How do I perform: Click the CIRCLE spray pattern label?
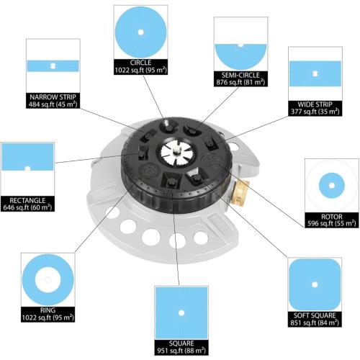pos(140,63)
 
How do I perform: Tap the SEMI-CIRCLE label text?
pos(240,75)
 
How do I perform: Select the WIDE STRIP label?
pos(315,104)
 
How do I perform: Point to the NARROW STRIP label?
pos(53,97)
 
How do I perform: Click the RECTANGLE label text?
pos(27,200)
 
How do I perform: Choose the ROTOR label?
pos(332,217)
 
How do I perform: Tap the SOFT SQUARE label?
pos(315,315)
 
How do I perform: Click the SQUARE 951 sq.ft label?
pos(181,347)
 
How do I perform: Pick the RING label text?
pos(48,310)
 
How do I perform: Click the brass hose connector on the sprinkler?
pos(240,192)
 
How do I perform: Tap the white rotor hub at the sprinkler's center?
pos(174,152)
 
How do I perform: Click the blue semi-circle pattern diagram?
pos(240,56)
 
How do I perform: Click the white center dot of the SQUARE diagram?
pos(181,312)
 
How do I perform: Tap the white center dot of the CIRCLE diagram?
pos(140,32)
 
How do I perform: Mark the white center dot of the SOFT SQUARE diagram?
pos(315,284)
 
